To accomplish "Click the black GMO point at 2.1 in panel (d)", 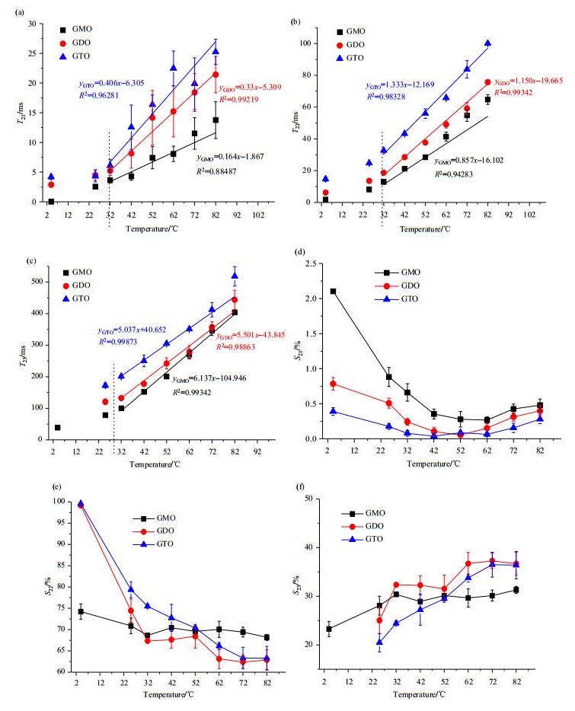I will tap(333, 291).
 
